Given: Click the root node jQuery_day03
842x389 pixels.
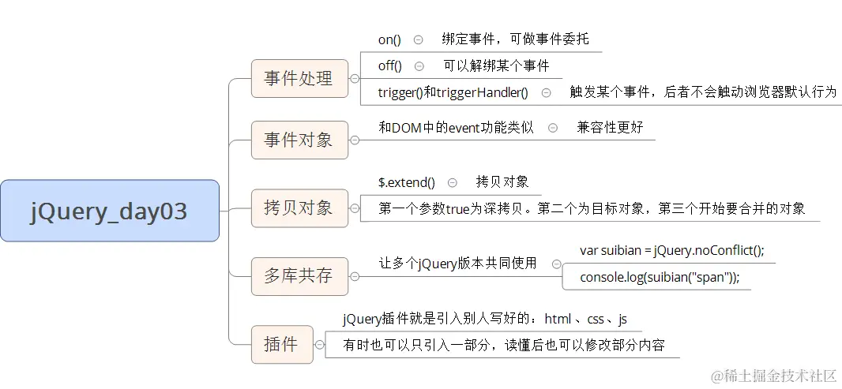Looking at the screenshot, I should tap(109, 211).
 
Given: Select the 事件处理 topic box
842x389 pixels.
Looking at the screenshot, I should tap(299, 79).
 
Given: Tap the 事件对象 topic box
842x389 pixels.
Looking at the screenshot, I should tap(299, 140).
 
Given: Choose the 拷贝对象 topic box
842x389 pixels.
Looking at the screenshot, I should tap(299, 208).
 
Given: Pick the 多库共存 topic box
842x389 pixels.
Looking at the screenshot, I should tap(299, 276).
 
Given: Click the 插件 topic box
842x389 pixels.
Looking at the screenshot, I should tap(281, 344).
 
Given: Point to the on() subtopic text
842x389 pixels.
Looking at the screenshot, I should tap(389, 39).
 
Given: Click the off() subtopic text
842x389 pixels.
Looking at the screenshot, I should tap(390, 66).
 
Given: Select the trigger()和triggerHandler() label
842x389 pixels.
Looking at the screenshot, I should tap(453, 92).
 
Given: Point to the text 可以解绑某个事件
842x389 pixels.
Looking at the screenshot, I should tap(496, 66).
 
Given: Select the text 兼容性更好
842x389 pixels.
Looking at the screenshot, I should tap(610, 127).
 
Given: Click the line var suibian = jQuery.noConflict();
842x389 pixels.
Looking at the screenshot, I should tap(672, 250).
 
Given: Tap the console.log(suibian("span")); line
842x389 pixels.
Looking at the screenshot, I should tap(660, 277).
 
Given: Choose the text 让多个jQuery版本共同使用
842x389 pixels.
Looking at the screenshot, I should tap(457, 264).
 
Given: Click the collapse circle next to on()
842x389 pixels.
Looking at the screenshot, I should tap(418, 39).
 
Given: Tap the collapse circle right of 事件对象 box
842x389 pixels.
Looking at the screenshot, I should tap(355, 140).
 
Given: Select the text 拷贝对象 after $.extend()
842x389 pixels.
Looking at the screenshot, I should tap(502, 182).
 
